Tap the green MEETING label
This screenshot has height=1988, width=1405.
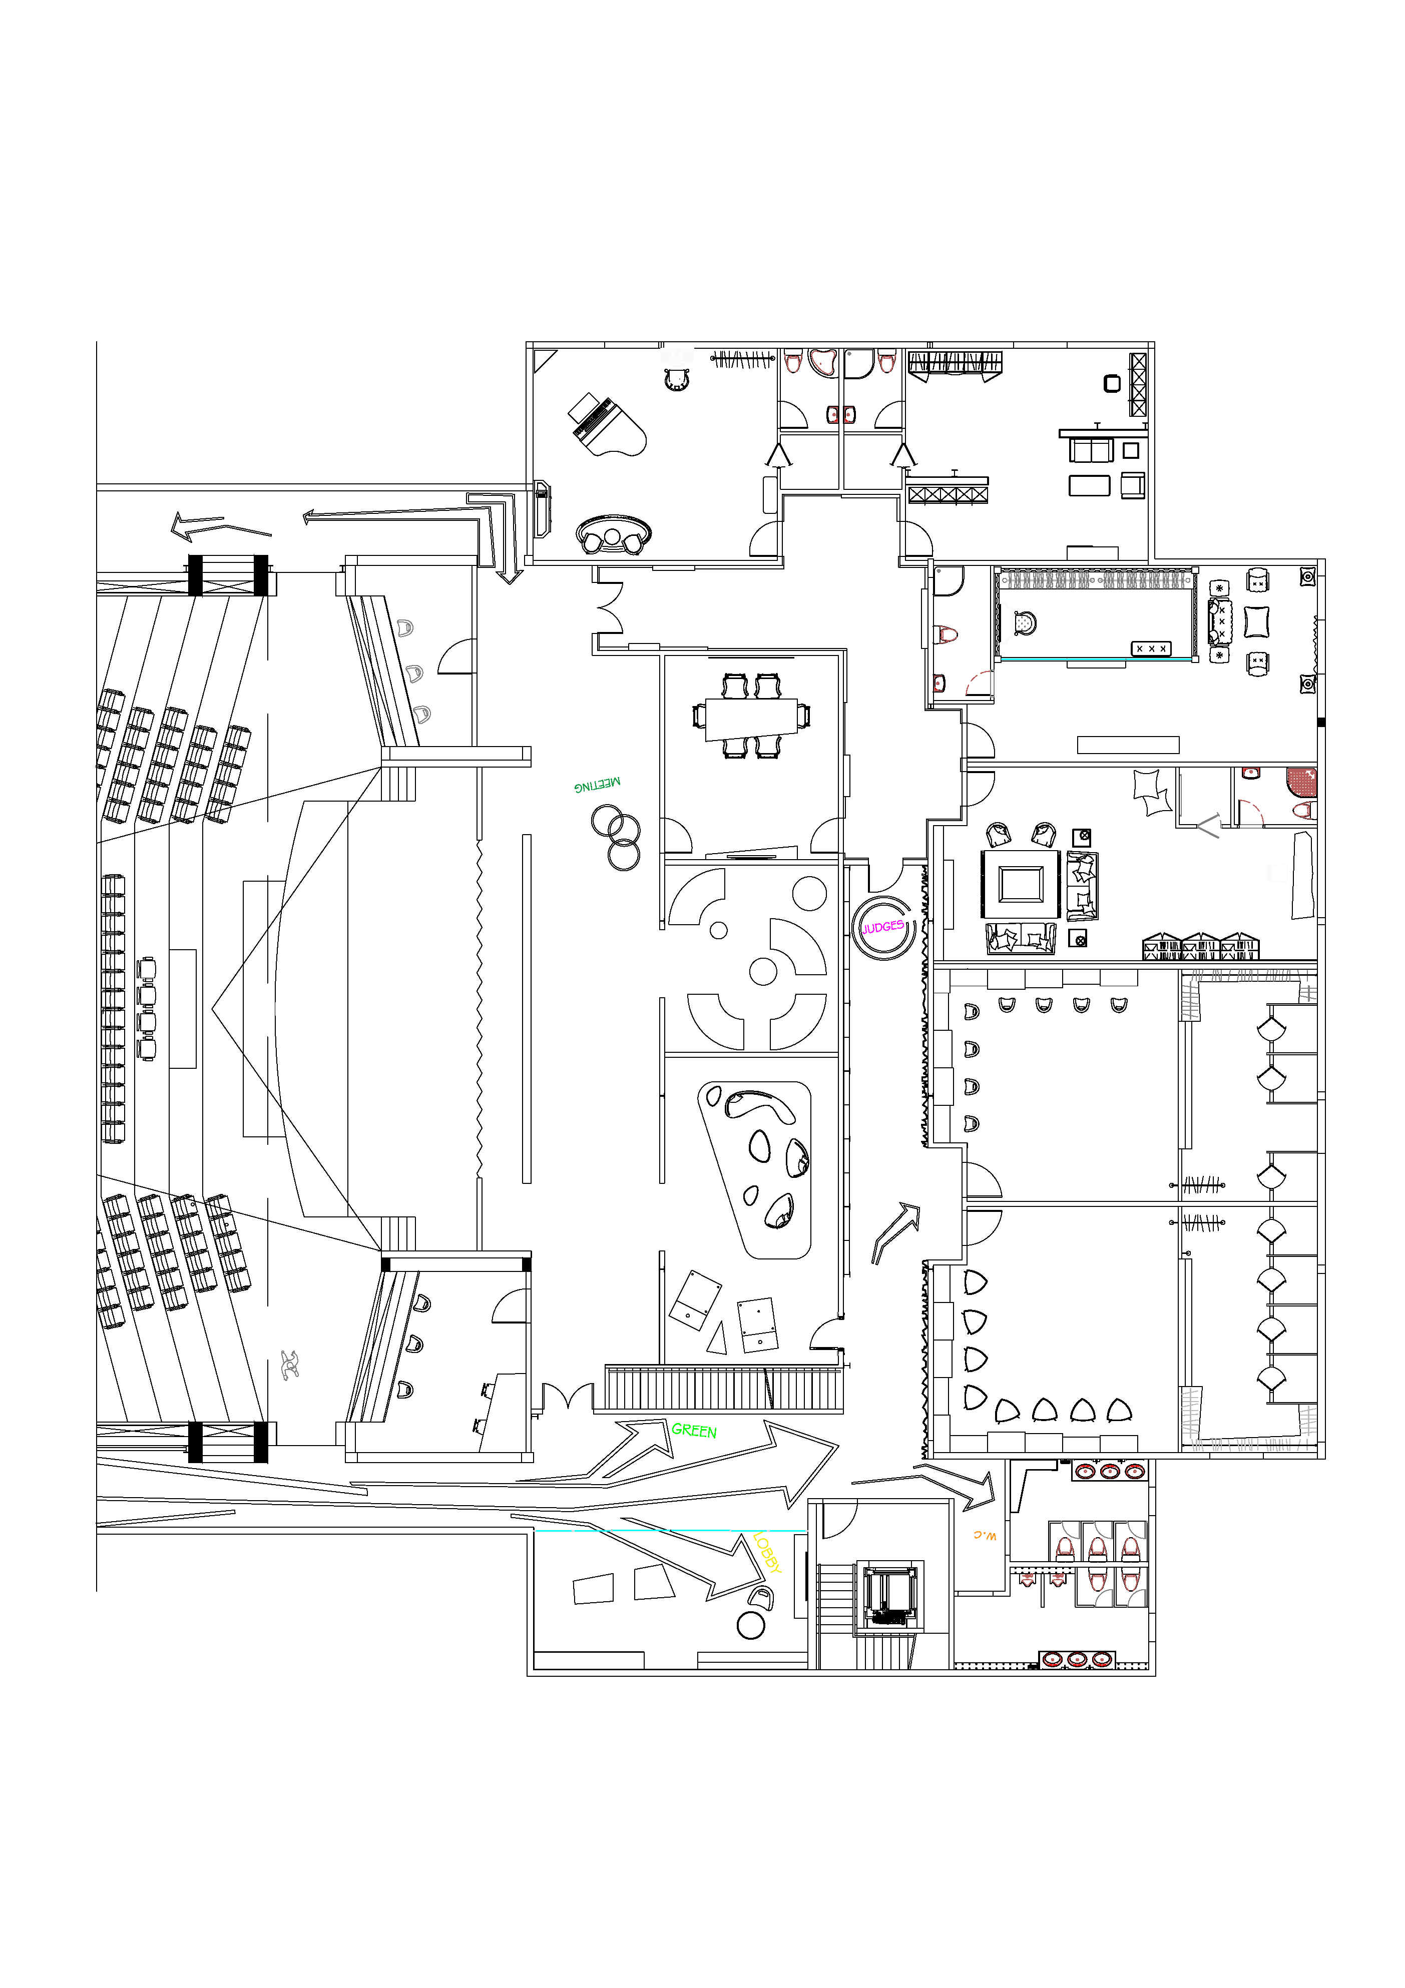[x=597, y=785]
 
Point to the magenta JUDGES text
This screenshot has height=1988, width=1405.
[x=882, y=927]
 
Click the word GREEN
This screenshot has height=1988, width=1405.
[x=694, y=1431]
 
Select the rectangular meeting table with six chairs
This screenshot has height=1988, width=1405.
[x=751, y=718]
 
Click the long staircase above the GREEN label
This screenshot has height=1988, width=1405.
[x=723, y=1389]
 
